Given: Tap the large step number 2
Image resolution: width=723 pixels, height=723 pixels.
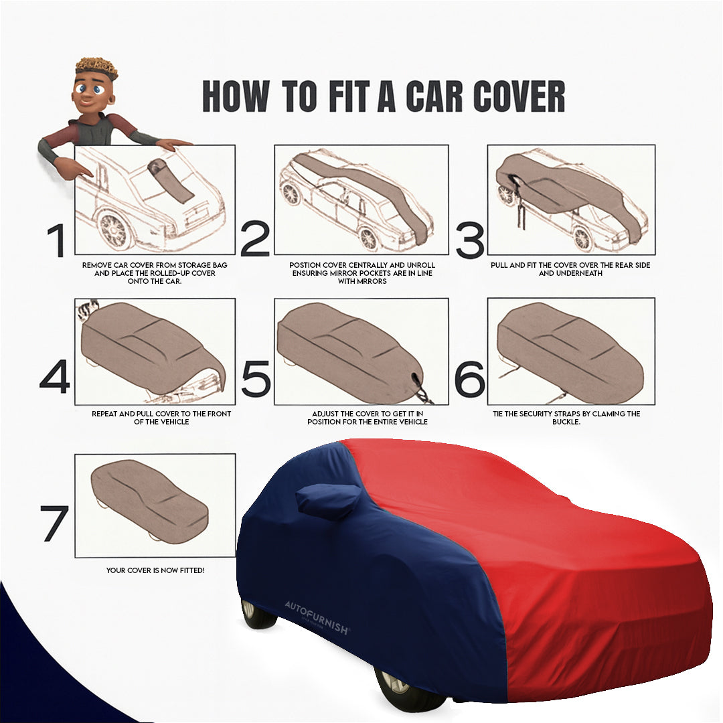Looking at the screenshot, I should (255, 240).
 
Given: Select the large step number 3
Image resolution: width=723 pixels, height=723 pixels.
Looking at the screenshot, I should (469, 241).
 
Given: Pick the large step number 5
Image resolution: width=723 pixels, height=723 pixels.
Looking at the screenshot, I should (256, 379).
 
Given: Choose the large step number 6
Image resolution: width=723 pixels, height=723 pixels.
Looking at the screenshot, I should (469, 379).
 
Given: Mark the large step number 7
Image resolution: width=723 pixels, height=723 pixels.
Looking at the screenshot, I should (54, 524).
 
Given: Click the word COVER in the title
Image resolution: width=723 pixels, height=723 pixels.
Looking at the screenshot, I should (519, 98).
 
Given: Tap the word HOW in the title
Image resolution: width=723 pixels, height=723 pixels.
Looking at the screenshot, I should (235, 98).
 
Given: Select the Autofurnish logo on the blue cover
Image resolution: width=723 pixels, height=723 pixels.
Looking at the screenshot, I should (317, 609).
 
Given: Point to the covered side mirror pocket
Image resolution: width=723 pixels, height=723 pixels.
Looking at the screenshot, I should (328, 501).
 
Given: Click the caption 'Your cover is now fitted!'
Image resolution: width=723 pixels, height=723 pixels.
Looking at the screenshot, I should (155, 570).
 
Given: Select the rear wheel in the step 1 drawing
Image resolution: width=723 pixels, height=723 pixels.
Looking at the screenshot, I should (115, 230).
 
